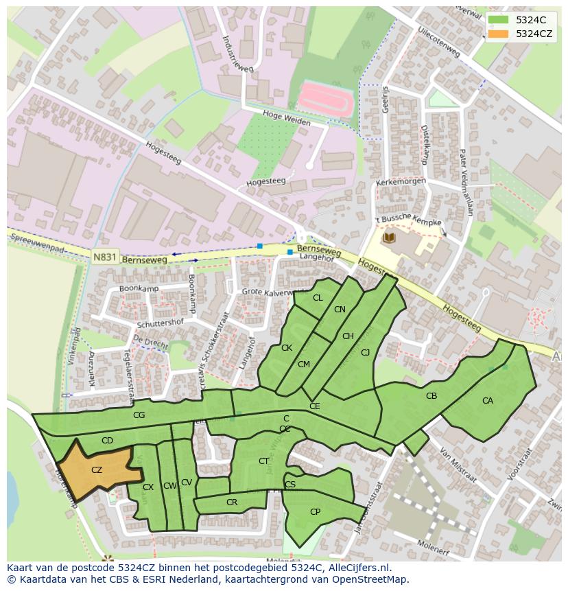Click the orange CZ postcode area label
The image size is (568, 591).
pos(97,470)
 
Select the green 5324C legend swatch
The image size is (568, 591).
pos(499,20)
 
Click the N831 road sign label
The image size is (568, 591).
pos(104,256)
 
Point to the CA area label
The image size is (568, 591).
pos(488,401)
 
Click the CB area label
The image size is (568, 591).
pos(431,396)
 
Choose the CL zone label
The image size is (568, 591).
pos(318,298)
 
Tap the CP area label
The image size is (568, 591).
pos(315,512)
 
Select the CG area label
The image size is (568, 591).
pos(139,415)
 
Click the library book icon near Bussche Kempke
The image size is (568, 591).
pos(389,237)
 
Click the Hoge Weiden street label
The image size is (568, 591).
pos(286,117)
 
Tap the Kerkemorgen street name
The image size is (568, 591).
pos(401,183)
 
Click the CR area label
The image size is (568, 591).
pos(232,502)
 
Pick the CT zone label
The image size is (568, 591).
pos(263,461)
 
